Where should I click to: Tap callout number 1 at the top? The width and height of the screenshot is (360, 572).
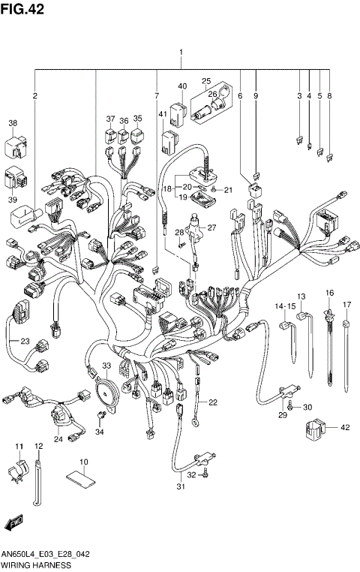[181, 53]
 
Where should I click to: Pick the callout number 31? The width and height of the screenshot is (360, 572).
[179, 489]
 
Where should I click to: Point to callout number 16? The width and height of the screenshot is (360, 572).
[328, 292]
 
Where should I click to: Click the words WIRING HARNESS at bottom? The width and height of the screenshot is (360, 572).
[36, 564]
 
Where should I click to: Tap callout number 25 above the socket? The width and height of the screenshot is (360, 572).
[205, 82]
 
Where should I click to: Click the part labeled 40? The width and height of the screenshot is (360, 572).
[177, 114]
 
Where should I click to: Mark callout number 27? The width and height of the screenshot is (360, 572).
[211, 227]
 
